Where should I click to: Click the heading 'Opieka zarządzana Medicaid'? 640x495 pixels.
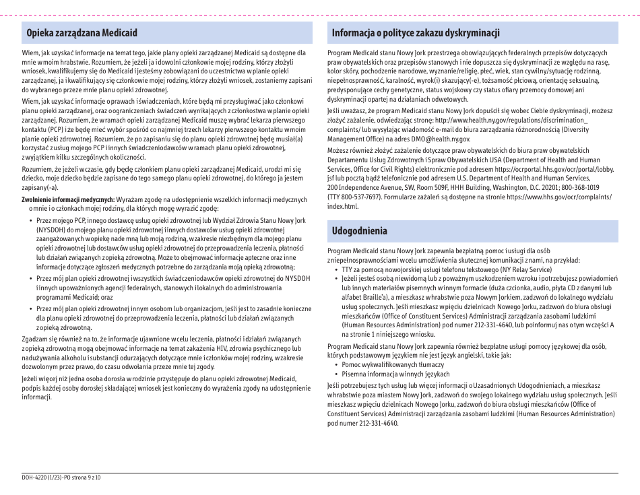coord(82,33)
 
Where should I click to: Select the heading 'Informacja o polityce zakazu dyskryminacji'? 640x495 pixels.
coord(416,33)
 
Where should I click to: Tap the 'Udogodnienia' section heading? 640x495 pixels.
coord(360,231)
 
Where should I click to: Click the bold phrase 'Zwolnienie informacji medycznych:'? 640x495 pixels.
coord(68,200)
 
